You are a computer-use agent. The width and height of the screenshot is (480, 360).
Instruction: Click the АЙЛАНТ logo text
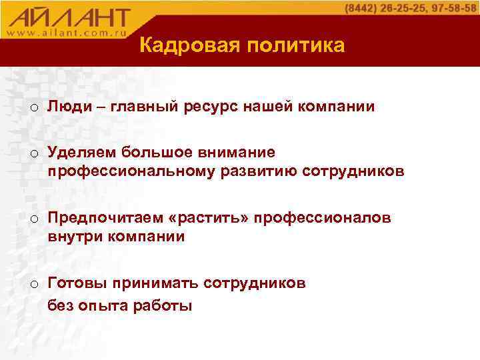(x=70, y=16)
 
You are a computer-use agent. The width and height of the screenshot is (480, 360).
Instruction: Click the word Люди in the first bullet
(x=65, y=107)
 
